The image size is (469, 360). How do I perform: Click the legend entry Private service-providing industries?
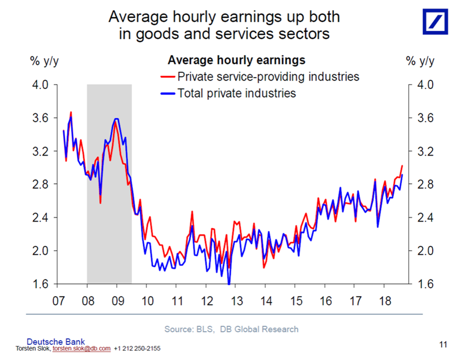click(268, 77)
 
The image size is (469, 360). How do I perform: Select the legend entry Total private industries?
click(237, 93)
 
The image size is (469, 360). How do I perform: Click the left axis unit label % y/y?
click(44, 62)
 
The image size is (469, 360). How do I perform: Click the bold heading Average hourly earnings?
click(236, 60)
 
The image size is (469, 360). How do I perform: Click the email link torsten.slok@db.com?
click(82, 348)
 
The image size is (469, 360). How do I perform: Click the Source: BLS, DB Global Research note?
click(231, 330)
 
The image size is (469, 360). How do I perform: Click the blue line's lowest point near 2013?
click(229, 283)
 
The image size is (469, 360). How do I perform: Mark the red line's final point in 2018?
click(402, 166)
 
